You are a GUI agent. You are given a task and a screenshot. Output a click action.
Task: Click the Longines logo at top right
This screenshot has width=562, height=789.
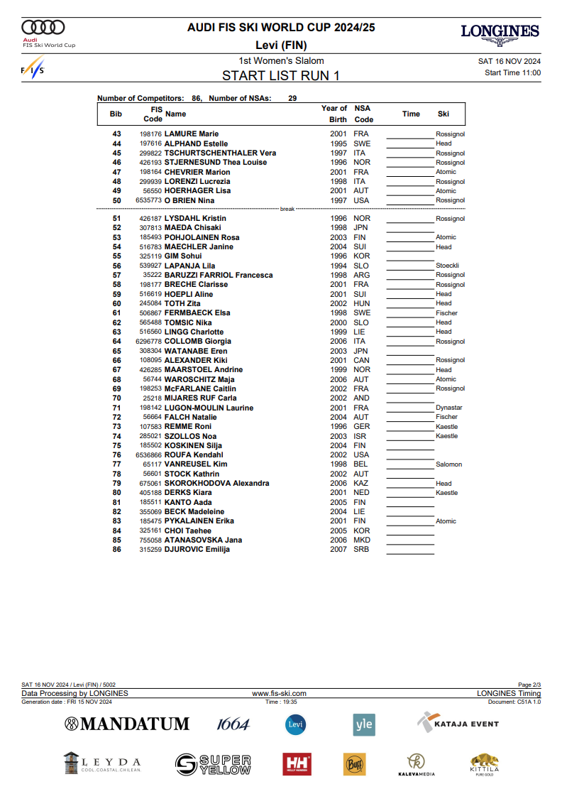(x=500, y=33)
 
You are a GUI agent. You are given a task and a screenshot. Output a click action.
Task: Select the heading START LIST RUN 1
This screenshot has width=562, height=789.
(x=281, y=75)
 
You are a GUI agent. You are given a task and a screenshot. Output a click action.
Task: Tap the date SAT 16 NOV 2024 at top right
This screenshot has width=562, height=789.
(x=509, y=61)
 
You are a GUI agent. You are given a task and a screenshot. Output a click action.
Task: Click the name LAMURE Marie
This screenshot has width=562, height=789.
(x=192, y=134)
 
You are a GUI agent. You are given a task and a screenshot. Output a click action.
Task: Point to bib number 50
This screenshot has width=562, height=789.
(x=117, y=200)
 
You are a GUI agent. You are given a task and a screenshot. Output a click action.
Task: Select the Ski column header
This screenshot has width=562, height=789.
(x=443, y=114)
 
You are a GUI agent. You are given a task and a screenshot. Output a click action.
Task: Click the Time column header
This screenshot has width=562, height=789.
(x=411, y=114)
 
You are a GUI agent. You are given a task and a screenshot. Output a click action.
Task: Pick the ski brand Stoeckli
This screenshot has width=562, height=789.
(x=447, y=266)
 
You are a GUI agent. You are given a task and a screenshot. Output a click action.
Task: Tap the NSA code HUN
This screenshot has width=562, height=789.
(x=361, y=303)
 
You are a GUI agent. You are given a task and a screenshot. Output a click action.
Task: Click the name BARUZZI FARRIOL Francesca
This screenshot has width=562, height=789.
(x=219, y=275)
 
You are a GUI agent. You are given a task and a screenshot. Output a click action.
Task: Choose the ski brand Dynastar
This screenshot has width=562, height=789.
(x=448, y=408)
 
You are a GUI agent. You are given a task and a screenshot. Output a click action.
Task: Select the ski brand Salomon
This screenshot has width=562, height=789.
(x=448, y=464)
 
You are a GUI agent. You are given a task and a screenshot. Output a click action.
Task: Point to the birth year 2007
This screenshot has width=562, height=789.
(x=338, y=549)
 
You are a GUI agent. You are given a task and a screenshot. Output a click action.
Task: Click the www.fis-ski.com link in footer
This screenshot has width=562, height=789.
(x=280, y=693)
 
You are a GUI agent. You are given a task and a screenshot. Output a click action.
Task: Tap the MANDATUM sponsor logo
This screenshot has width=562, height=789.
(x=127, y=724)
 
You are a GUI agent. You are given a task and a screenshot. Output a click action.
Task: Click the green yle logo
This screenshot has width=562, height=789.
(x=364, y=724)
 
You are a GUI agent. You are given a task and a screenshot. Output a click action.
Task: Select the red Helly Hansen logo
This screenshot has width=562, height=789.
(x=297, y=764)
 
